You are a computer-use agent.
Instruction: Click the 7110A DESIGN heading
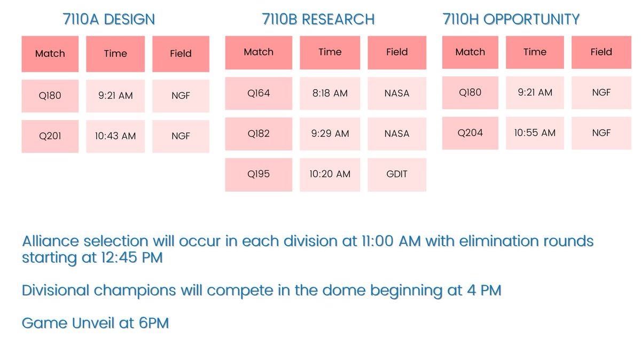coord(109,20)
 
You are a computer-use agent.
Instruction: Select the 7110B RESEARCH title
coord(318,20)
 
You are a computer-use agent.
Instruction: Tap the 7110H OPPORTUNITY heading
coord(511,20)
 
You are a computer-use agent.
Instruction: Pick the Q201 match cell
coord(50,136)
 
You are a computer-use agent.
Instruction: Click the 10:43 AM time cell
coord(115,136)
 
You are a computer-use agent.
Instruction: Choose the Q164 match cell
coord(259,93)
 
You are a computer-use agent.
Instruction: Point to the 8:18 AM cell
coord(330,93)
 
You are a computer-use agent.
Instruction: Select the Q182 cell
coord(259,134)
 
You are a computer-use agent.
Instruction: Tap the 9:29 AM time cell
coord(330,134)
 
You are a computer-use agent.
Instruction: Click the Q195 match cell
coord(259,175)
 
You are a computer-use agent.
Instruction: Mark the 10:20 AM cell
coord(330,175)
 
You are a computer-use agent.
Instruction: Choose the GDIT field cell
coord(397,175)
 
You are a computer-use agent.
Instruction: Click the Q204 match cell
coord(470,133)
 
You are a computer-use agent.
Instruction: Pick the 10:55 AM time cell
coord(535,133)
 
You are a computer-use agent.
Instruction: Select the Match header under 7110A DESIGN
coord(50,53)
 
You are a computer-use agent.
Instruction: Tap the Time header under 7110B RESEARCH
coord(330,52)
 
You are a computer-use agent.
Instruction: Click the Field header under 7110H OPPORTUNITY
coord(601,52)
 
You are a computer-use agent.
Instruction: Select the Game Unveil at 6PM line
coord(95,323)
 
